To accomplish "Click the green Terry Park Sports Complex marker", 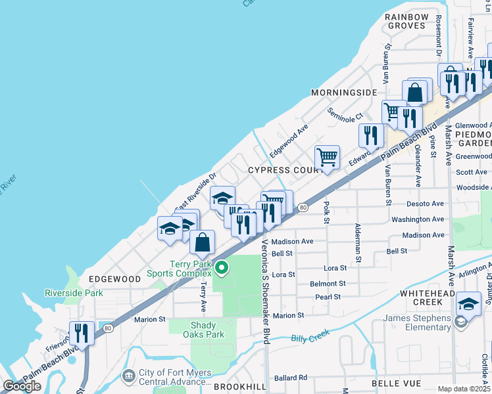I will tap(222, 267).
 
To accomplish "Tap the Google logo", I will tap(22, 386).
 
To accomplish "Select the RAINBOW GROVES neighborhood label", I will tap(406, 21).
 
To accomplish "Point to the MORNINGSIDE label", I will tap(344, 93).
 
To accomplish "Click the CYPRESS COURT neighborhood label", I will tap(283, 170).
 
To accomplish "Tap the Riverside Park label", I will tap(74, 293).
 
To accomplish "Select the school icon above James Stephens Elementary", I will tap(468, 303).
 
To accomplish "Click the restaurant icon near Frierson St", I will tap(82, 332).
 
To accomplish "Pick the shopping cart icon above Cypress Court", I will tap(327, 158).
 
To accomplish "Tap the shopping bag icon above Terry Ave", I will tap(203, 242).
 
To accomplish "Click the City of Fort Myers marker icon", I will tap(128, 375).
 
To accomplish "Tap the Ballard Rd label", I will tap(291, 378).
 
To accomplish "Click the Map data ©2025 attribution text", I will tap(464, 389).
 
